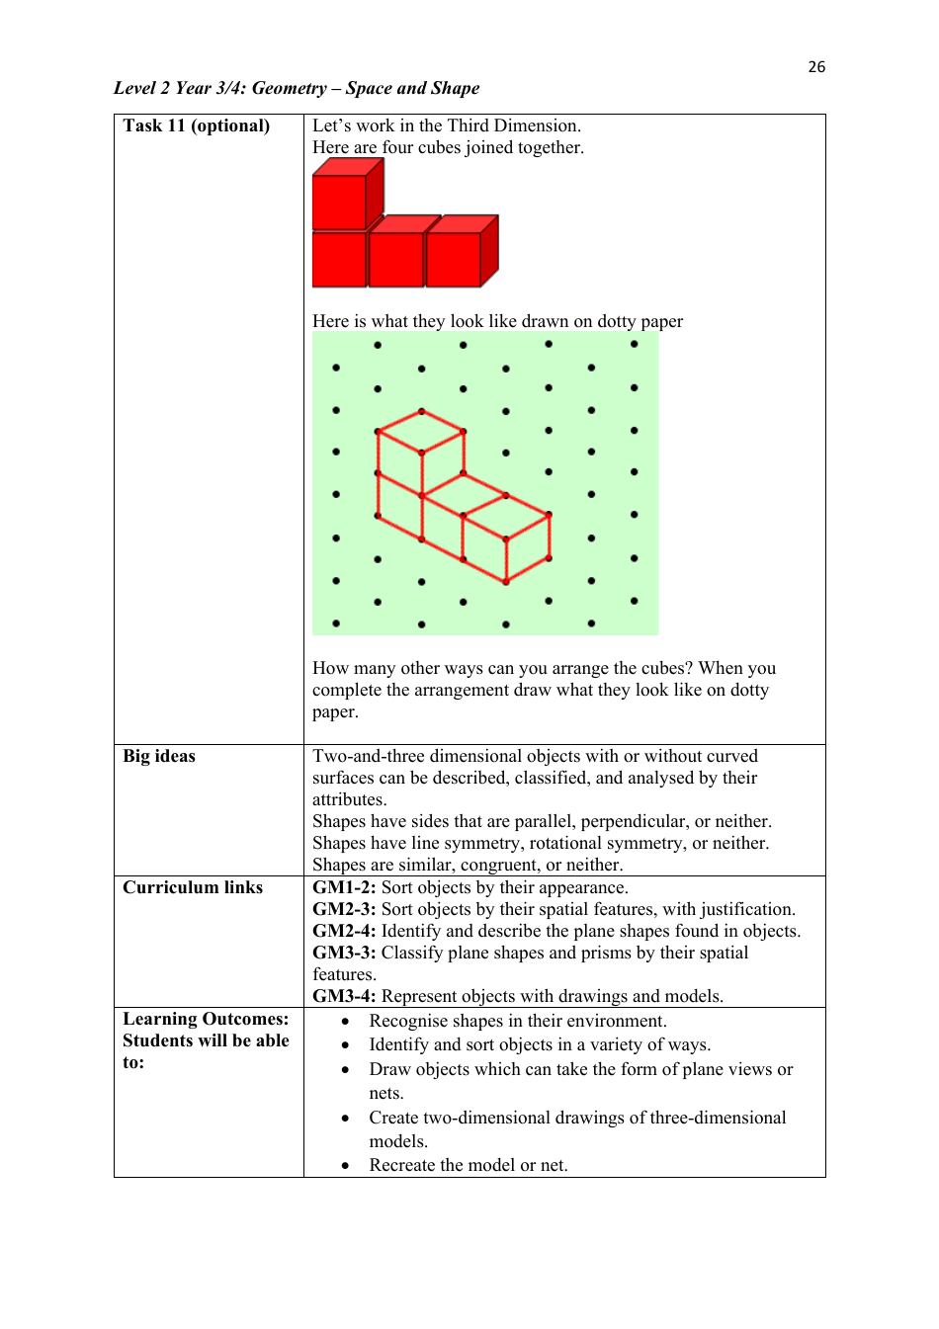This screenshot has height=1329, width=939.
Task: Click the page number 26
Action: [816, 67]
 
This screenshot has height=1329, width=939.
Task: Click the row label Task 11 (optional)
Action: [196, 125]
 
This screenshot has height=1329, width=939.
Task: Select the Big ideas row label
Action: [159, 756]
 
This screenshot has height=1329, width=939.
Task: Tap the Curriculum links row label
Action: [193, 887]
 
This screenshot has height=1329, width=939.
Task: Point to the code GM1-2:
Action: [344, 887]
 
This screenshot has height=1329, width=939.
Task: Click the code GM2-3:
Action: [344, 909]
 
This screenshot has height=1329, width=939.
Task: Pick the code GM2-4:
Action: [344, 931]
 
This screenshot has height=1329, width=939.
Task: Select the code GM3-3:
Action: [344, 953]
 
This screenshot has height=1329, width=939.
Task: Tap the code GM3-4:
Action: [344, 996]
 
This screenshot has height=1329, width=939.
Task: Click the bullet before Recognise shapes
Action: [345, 1022]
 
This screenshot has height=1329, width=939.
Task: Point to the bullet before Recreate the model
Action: [345, 1166]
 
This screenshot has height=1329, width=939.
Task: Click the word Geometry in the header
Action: [289, 88]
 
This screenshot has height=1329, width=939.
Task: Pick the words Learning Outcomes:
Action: [206, 1019]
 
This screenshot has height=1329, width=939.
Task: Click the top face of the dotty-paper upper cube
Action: [421, 432]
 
